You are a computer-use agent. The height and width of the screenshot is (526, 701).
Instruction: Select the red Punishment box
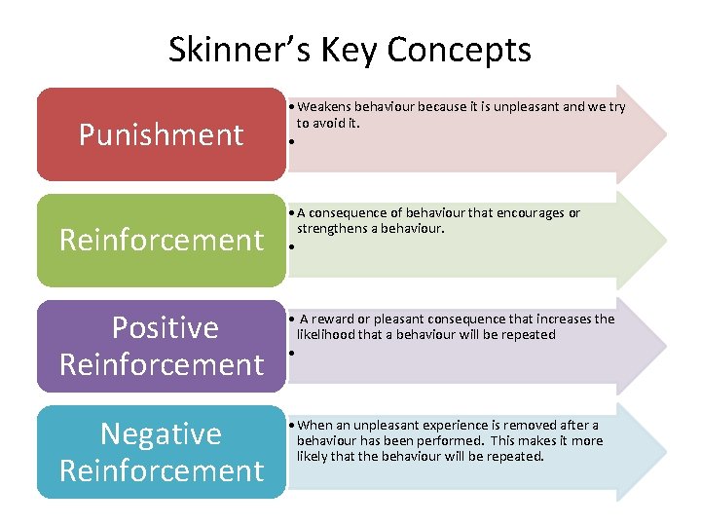162,134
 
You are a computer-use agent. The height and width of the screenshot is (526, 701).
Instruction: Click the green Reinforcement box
162,240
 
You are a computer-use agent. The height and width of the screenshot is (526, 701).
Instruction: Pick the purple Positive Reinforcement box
162,346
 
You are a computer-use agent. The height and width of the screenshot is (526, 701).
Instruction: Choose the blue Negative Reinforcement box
162,452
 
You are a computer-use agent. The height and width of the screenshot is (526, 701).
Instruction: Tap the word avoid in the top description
328,123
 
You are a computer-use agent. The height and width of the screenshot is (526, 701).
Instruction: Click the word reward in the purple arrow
333,319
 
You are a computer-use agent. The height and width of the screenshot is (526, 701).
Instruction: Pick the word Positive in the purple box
166,327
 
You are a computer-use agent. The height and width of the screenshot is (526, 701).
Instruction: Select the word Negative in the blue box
162,433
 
